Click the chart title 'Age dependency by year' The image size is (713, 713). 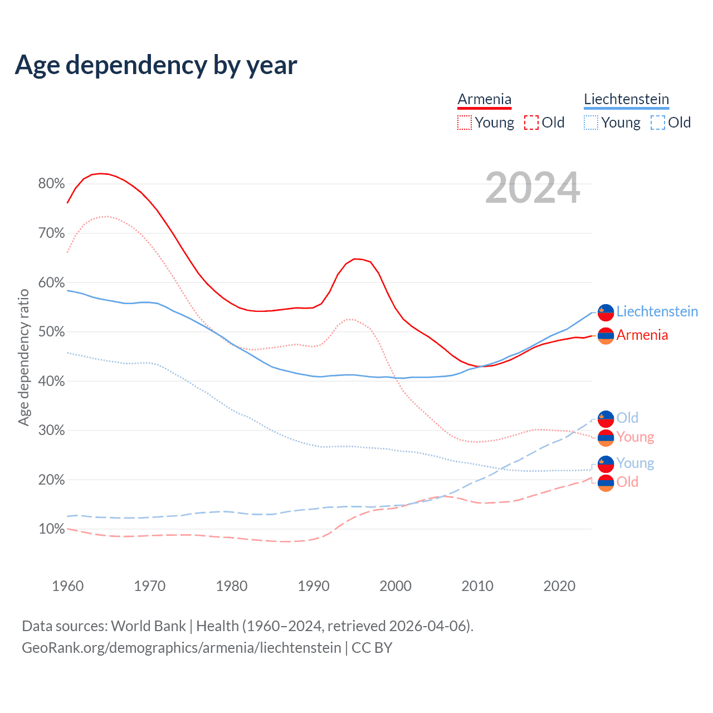156,65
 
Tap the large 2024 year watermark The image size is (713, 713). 533,188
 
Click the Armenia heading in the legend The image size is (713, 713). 484,99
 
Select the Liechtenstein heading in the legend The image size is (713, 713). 626,99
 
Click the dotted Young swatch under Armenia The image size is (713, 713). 465,123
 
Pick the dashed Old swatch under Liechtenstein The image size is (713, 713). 658,123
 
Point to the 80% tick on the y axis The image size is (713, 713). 51,183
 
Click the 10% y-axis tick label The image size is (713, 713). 51,529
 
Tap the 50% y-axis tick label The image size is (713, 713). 51,331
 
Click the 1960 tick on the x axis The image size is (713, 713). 67,586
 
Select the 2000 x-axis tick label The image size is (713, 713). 395,586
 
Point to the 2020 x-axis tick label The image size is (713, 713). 559,586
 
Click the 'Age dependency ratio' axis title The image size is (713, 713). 23,356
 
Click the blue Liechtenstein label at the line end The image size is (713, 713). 657,311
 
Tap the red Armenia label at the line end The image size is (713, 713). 642,335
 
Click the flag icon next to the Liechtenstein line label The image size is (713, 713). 605,312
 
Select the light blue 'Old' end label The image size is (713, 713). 627,418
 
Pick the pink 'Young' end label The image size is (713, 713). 635,437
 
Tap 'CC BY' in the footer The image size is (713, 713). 372,648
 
